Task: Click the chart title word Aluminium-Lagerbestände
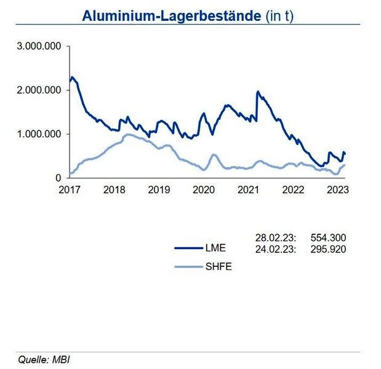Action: pos(170,16)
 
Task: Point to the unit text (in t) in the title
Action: pos(278,16)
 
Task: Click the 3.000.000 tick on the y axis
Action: pos(39,47)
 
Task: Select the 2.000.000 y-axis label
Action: pos(39,90)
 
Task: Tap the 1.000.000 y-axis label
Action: pos(39,134)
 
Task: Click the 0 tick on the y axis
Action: pos(58,178)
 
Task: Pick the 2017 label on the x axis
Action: pos(70,190)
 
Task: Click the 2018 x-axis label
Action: pos(114,190)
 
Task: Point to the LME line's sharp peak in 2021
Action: pos(257,92)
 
